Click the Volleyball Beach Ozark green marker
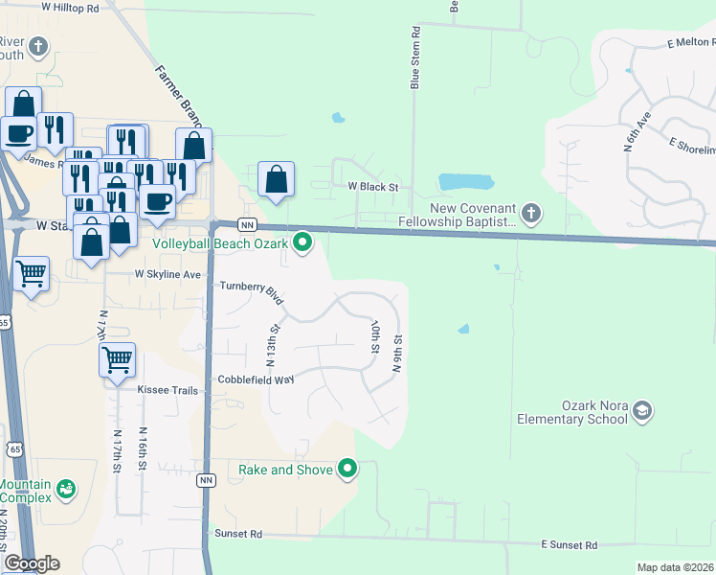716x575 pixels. coord(303,242)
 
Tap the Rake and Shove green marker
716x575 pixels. coord(347,470)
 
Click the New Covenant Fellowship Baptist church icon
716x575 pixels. coord(531,212)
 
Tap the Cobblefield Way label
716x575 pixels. coord(256,380)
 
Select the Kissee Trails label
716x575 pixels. coord(168,391)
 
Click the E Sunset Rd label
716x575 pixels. coord(569,545)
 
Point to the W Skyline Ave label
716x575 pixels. coord(168,275)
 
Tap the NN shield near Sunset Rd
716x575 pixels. coord(206,479)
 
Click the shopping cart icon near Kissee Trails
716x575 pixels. coord(117,360)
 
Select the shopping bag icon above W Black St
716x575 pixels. coord(276,178)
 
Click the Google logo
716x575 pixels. coord(32,563)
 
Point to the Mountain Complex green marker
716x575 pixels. coord(65,490)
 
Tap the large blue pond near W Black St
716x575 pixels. coord(464,181)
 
